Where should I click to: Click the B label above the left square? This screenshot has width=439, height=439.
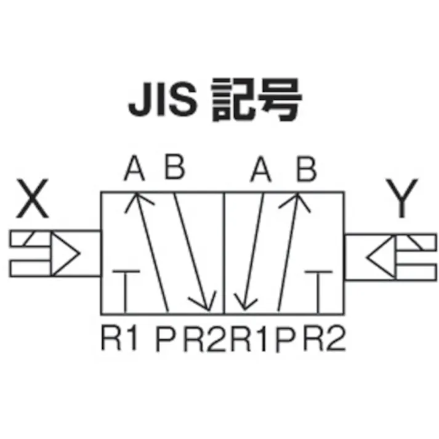point(174,169)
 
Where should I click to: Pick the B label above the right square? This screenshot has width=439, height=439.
point(305,169)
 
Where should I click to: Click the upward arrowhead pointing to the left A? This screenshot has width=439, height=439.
point(135,201)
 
